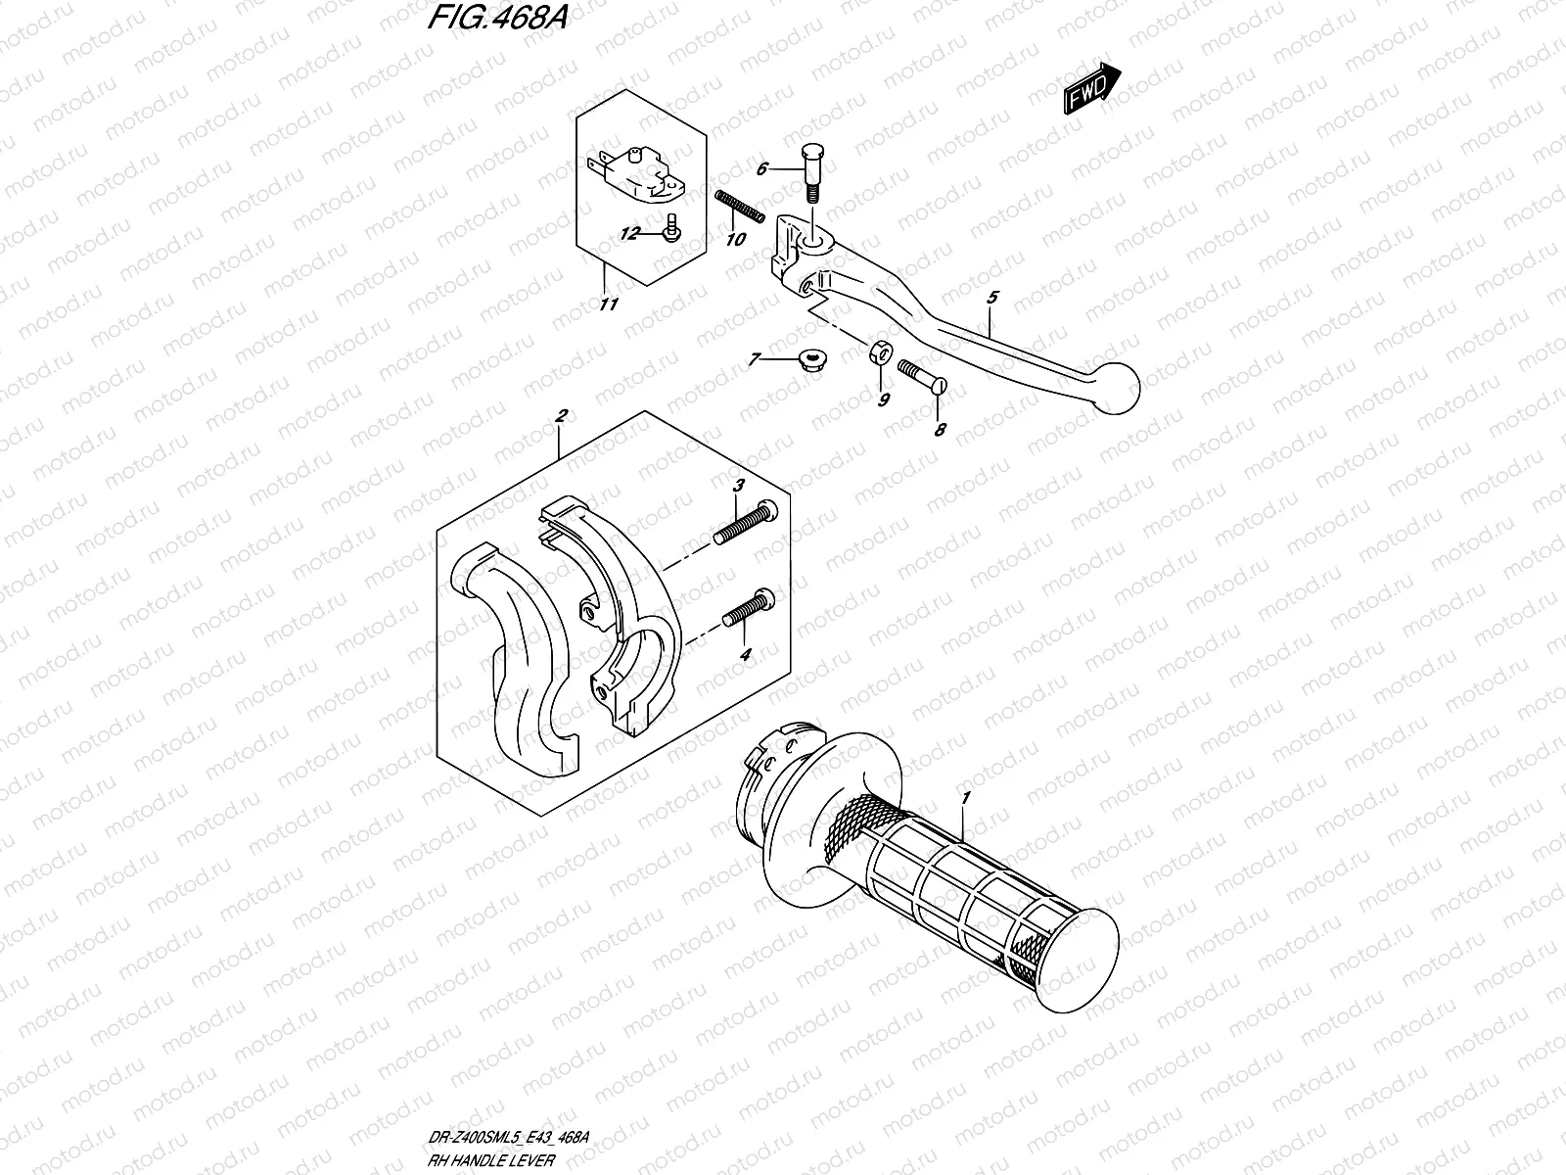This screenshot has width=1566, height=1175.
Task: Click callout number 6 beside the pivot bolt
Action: click(762, 168)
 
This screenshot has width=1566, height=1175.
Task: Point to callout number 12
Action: click(628, 233)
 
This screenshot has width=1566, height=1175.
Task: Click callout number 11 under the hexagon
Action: click(608, 305)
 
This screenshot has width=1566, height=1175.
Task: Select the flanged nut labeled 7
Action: click(808, 360)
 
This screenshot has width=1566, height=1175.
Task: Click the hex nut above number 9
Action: click(880, 352)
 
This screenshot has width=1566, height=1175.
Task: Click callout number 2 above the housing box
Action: click(560, 417)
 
